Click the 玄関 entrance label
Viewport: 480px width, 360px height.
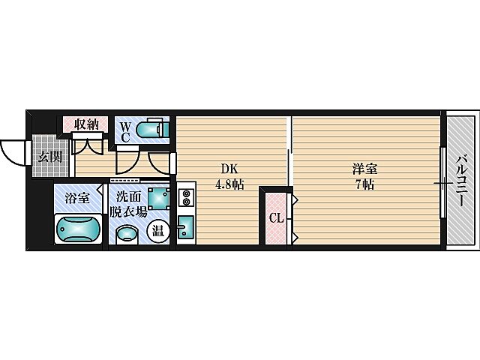(50, 157)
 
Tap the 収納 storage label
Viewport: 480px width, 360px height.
(86, 124)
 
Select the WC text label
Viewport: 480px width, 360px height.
(125, 132)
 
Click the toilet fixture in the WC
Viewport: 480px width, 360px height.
(151, 130)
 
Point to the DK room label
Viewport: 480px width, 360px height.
(229, 169)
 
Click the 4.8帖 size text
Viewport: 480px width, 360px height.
(230, 184)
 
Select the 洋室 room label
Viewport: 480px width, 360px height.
(364, 169)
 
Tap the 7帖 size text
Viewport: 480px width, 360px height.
(364, 184)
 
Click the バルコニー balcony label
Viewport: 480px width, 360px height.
(461, 181)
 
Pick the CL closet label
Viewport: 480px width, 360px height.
(277, 218)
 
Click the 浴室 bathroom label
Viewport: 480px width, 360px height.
(77, 198)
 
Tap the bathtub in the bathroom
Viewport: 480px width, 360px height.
(78, 229)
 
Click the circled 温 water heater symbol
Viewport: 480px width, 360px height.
(158, 230)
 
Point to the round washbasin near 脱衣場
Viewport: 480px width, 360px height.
(127, 235)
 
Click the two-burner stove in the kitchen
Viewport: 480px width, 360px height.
(186, 197)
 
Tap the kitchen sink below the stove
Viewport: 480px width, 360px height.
(185, 226)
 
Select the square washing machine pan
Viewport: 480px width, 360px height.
(159, 198)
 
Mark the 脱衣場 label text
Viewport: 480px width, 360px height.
(128, 211)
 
